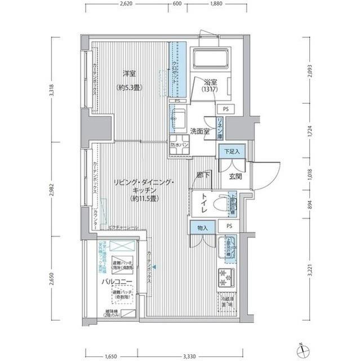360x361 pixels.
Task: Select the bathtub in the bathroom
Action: point(210,59)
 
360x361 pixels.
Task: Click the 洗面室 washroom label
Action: point(199,131)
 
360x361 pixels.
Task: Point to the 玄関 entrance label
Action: point(235,177)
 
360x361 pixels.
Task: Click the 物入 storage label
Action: point(203,228)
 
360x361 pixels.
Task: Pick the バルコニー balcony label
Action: point(117,280)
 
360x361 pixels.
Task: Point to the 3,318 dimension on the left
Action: point(52,90)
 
